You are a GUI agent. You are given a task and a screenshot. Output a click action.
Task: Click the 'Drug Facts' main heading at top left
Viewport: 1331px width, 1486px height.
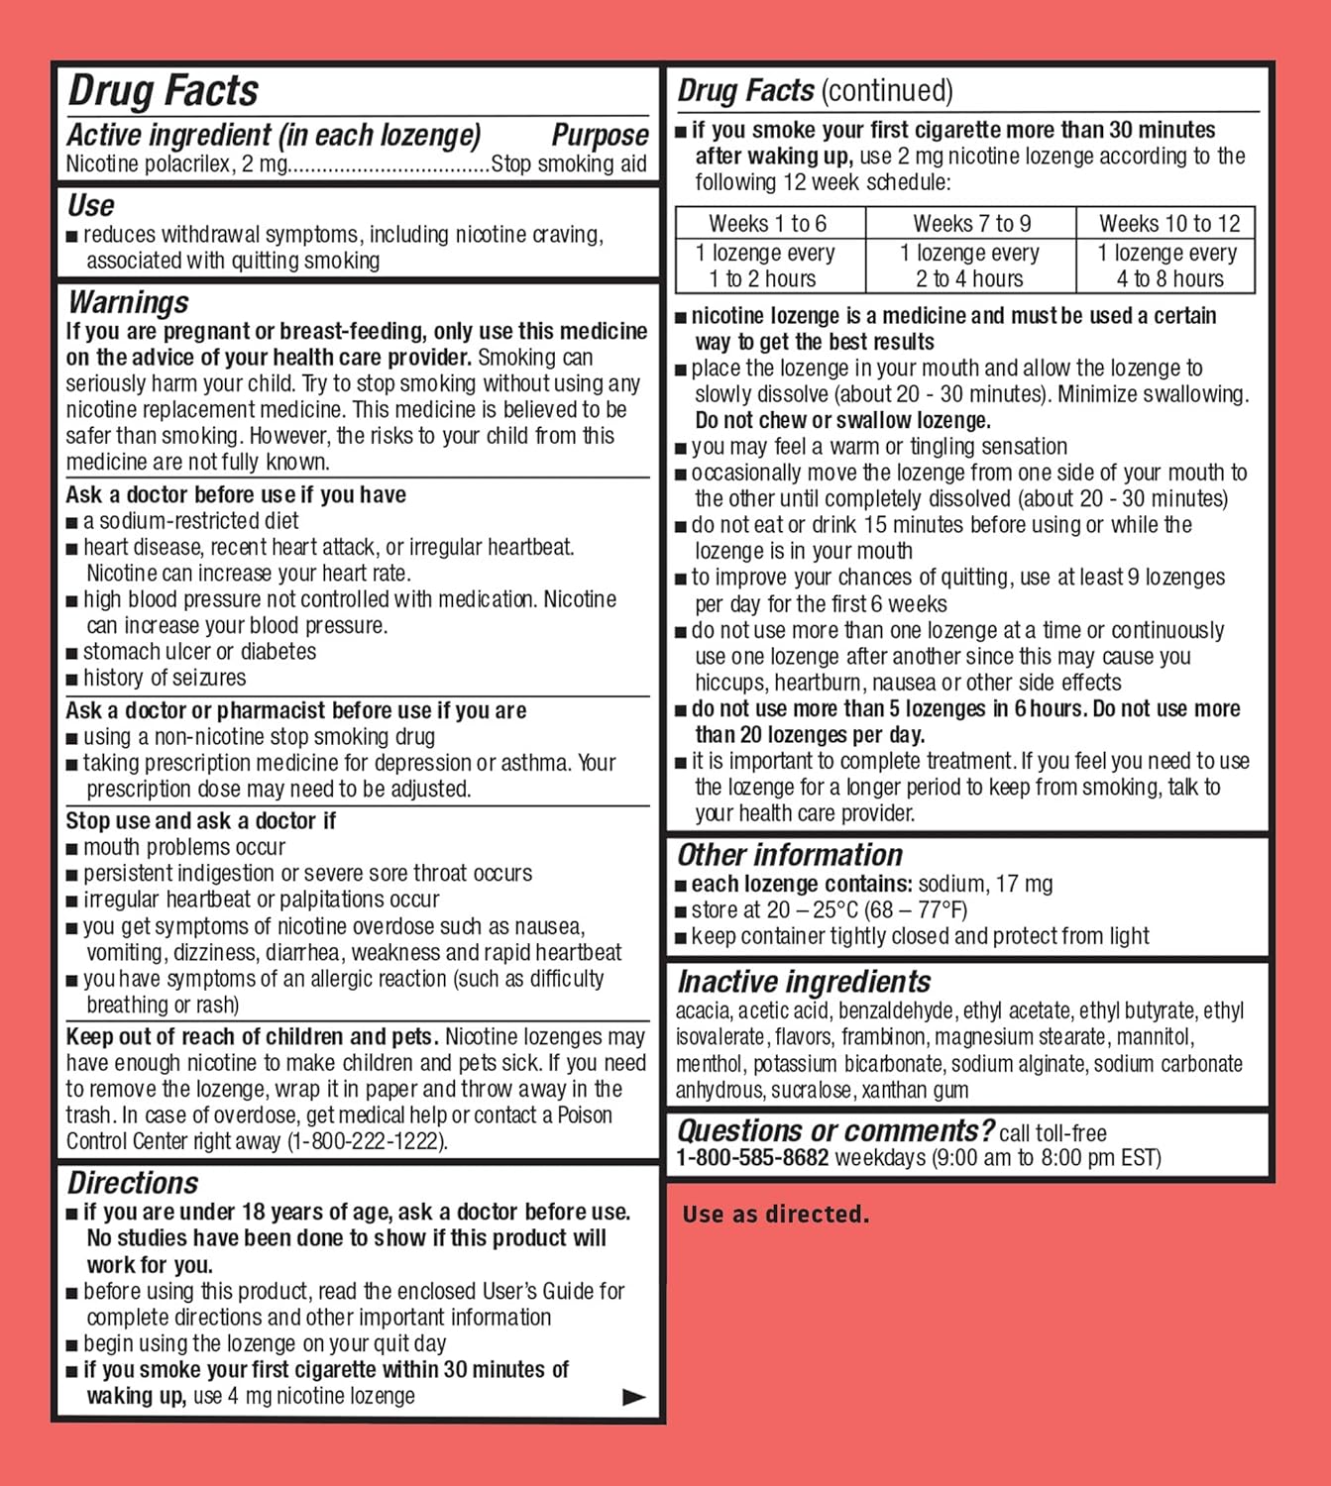pyautogui.click(x=164, y=91)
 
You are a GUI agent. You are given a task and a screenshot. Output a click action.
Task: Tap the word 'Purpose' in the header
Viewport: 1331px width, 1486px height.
pyautogui.click(x=600, y=135)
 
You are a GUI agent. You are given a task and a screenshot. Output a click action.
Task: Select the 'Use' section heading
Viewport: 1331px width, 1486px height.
pyautogui.click(x=91, y=205)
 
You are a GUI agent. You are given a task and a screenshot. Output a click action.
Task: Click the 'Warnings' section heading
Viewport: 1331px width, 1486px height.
pyautogui.click(x=128, y=302)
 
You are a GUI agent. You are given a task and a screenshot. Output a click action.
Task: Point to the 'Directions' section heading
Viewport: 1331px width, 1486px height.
pyautogui.click(x=133, y=1183)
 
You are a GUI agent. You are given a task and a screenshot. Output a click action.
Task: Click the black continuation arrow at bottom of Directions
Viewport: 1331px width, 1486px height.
pyautogui.click(x=633, y=1397)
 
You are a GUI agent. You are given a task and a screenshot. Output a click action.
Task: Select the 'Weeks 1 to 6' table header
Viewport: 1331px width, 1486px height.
pyautogui.click(x=767, y=224)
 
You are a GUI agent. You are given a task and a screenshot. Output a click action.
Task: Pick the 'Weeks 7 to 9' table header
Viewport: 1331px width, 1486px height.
pyautogui.click(x=971, y=224)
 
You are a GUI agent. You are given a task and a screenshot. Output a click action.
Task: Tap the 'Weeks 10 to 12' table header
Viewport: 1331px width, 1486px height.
pyautogui.click(x=1169, y=224)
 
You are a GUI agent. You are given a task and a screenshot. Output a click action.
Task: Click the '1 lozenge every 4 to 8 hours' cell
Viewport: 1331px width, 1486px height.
pyautogui.click(x=1169, y=265)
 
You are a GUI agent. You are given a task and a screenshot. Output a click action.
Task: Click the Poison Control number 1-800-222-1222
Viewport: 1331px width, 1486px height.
pyautogui.click(x=367, y=1141)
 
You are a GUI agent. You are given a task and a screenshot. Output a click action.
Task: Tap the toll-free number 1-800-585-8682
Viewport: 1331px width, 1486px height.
pyautogui.click(x=752, y=1157)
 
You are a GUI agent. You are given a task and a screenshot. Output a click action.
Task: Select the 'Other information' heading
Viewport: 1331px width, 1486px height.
pyautogui.click(x=790, y=855)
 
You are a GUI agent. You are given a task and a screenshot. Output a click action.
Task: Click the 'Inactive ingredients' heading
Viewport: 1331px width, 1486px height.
pyautogui.click(x=804, y=982)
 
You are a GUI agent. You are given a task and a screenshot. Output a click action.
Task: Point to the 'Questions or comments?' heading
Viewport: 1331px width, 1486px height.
pyautogui.click(x=835, y=1130)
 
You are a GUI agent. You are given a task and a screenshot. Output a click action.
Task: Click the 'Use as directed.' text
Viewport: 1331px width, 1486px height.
pyautogui.click(x=775, y=1215)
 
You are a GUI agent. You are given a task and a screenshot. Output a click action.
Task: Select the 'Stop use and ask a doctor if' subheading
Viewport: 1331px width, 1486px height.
pyautogui.click(x=201, y=821)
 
